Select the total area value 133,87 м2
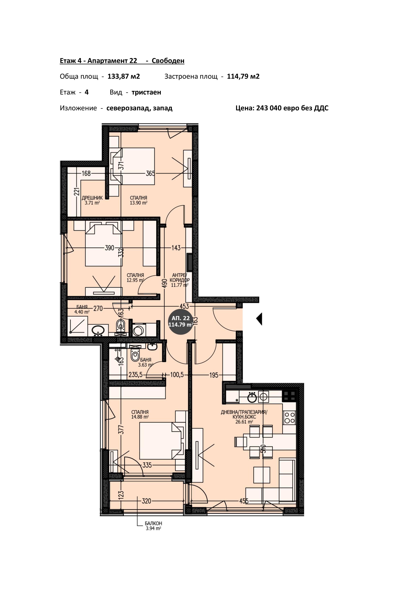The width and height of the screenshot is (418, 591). point(124,76)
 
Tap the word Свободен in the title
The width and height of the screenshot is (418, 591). point(168,61)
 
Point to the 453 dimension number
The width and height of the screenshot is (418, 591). point(184,306)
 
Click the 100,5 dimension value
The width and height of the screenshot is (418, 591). point(177,375)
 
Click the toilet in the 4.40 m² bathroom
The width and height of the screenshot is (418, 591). point(120,326)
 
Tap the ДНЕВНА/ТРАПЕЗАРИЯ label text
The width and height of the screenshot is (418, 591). point(244,412)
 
